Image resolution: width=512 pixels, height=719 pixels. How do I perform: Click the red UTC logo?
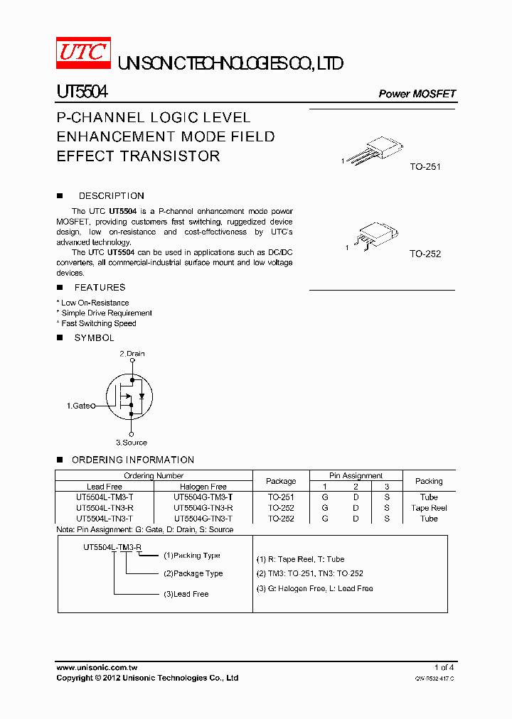[x=84, y=53]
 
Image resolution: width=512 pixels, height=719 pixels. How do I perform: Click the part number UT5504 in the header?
[x=82, y=92]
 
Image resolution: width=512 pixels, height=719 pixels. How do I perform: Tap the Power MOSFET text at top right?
[x=417, y=94]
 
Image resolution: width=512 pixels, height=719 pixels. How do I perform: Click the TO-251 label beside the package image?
[x=425, y=167]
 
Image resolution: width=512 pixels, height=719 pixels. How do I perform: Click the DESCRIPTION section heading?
[x=111, y=195]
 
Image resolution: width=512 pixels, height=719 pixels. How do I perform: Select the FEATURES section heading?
[x=100, y=287]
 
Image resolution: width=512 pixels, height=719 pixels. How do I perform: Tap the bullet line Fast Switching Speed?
[x=98, y=323]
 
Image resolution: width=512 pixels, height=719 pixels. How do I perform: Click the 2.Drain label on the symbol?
[x=132, y=353]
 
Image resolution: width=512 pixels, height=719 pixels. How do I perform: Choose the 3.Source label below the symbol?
[x=132, y=442]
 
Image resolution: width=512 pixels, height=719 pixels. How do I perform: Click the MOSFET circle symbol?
[x=130, y=398]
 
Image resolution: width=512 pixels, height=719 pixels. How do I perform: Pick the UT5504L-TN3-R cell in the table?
[x=105, y=508]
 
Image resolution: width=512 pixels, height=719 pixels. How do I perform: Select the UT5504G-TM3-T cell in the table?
[x=203, y=497]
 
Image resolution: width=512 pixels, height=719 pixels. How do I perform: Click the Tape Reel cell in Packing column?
[x=429, y=508]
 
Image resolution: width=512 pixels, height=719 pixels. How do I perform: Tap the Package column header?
[x=280, y=481]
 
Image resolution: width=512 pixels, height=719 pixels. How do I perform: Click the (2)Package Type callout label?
[x=193, y=573]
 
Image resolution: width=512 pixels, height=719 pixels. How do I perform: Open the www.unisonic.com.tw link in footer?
[x=97, y=667]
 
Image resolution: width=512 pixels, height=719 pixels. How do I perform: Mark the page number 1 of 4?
[x=444, y=667]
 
